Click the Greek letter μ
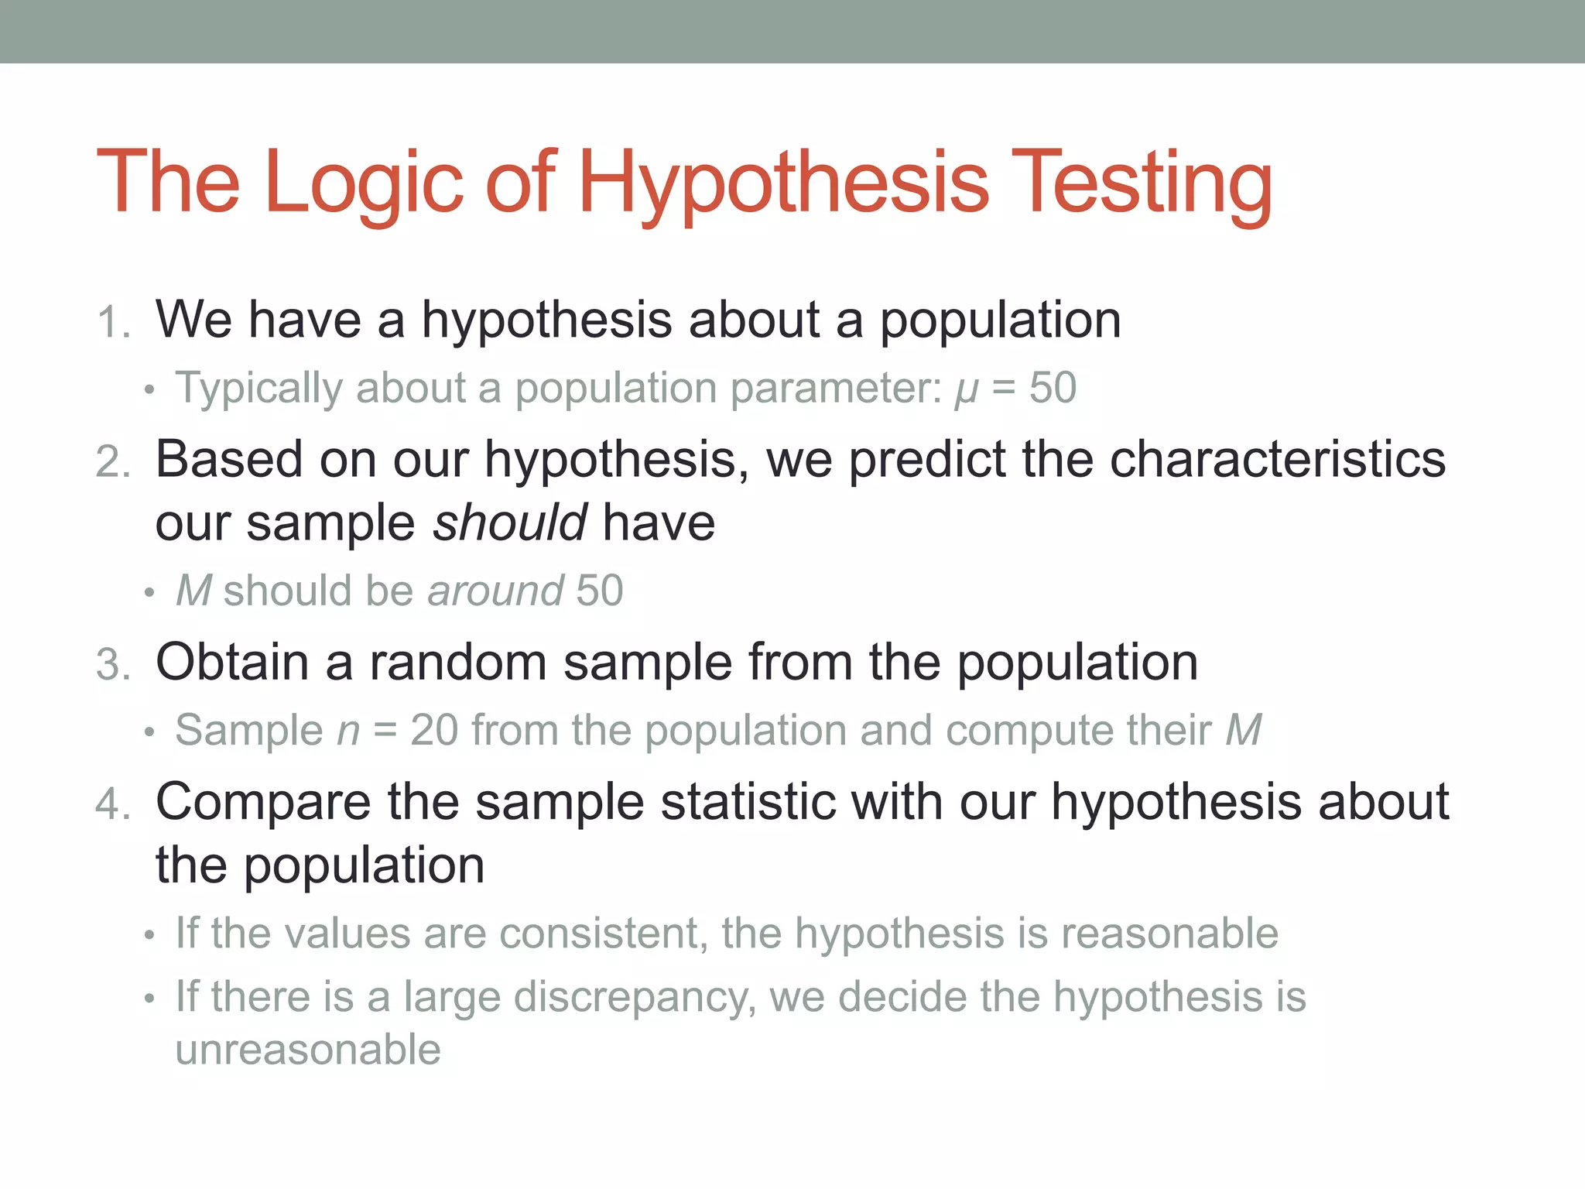coord(966,389)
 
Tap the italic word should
coord(509,523)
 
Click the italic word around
coord(495,591)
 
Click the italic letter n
coord(348,732)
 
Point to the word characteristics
coord(1277,459)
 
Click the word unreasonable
coord(308,1050)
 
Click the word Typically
coord(258,388)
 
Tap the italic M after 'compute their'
coord(1243,730)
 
